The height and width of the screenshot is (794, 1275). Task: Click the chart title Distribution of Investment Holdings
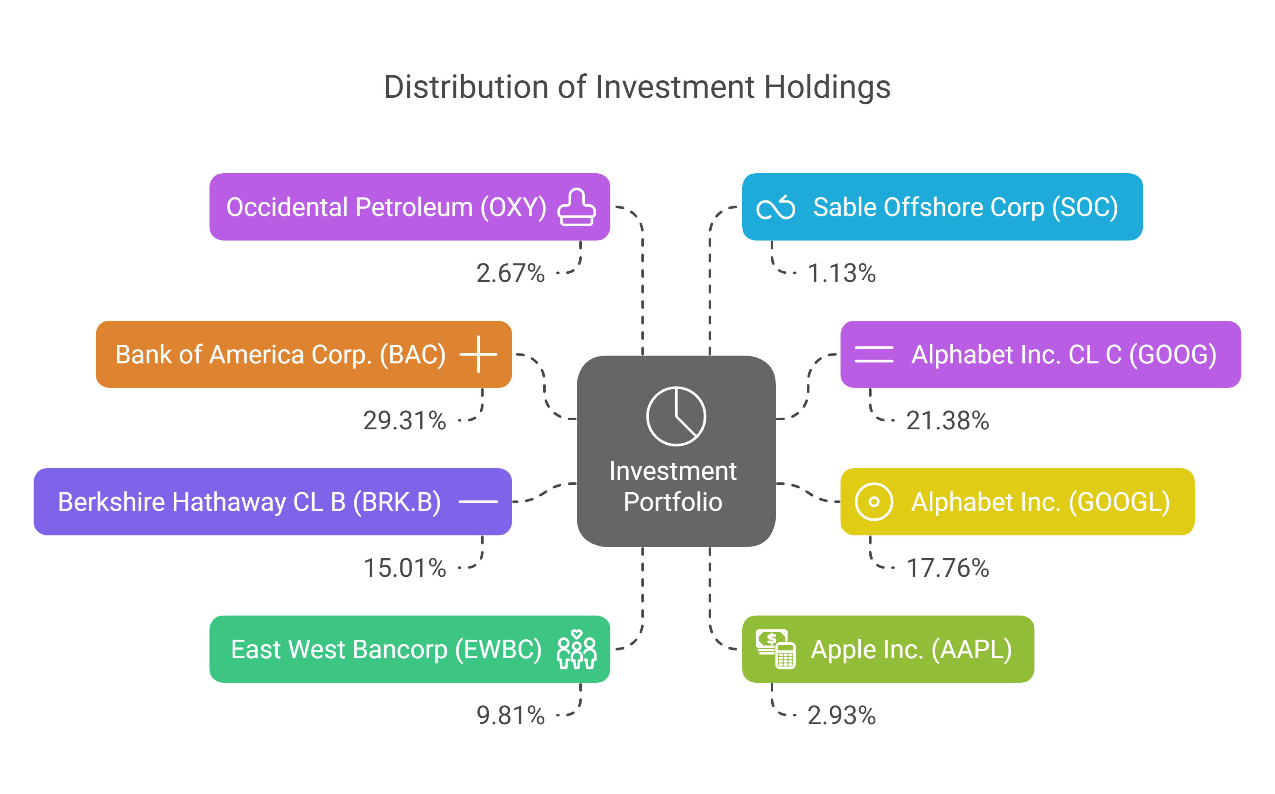[x=637, y=87]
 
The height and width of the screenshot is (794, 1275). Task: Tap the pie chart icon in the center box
[x=676, y=416]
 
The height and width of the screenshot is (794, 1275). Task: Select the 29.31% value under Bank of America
[x=404, y=421]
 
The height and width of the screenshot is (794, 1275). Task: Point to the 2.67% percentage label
[x=510, y=273]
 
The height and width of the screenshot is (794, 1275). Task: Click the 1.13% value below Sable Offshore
[x=841, y=273]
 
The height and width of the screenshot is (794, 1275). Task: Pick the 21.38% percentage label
[x=947, y=421]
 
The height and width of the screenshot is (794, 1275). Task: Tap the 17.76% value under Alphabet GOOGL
[x=947, y=568]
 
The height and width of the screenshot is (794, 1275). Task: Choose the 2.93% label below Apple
[x=841, y=715]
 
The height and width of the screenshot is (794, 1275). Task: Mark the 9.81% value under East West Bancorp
[x=510, y=715]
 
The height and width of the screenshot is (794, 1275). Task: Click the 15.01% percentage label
[x=404, y=568]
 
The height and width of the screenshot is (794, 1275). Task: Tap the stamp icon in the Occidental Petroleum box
[x=577, y=207]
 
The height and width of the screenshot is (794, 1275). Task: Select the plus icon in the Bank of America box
[x=478, y=354]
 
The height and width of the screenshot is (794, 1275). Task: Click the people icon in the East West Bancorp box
[x=577, y=650]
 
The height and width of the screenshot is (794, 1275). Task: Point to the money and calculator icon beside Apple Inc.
[x=775, y=650]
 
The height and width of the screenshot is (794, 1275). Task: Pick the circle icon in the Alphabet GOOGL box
[x=874, y=502]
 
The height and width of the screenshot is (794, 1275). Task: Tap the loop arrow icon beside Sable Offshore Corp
[x=775, y=208]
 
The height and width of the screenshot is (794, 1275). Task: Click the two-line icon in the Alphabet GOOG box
[x=874, y=354]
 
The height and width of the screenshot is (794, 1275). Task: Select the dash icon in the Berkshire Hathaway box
[x=478, y=502]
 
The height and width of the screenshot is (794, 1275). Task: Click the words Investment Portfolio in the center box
[x=673, y=486]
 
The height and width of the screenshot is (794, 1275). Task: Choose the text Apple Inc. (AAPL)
[x=911, y=650]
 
